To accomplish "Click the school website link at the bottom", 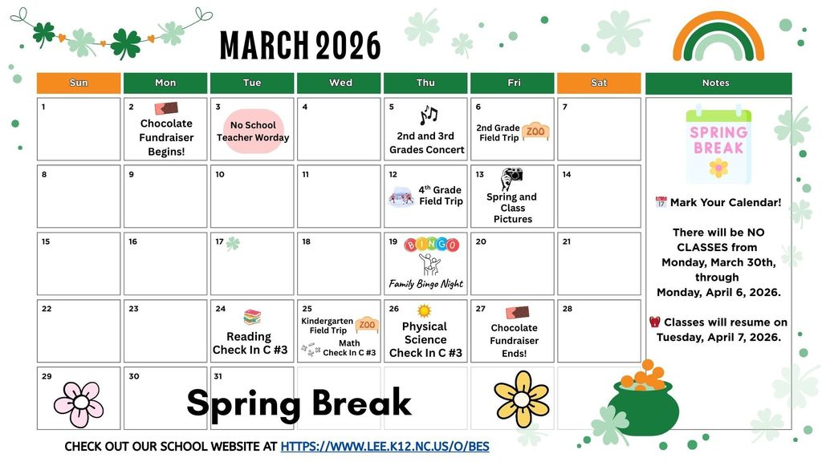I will click(385, 446).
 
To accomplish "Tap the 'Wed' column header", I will click(340, 83).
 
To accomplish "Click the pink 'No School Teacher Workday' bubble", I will click(253, 131).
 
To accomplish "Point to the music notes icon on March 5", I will click(428, 115).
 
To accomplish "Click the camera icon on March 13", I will click(511, 178).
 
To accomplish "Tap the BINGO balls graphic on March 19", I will click(432, 245).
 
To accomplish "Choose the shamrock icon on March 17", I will click(233, 244).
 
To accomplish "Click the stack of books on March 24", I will click(252, 317).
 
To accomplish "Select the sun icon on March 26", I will click(424, 310).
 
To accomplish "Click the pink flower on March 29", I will click(78, 403).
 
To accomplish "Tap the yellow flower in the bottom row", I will click(521, 398).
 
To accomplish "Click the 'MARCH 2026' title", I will click(300, 46).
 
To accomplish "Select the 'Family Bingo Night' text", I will click(426, 284).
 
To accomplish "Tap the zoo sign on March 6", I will click(535, 131).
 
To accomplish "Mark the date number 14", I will click(567, 174).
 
